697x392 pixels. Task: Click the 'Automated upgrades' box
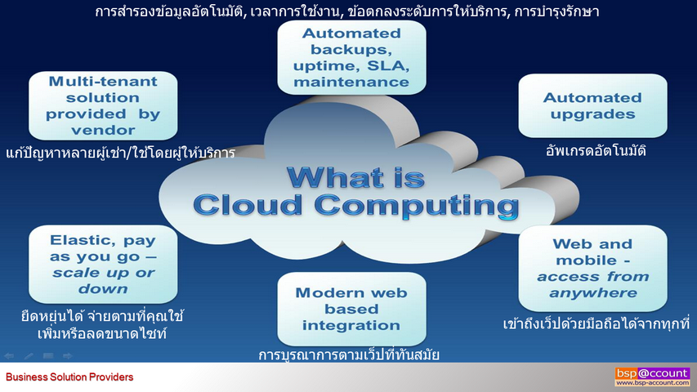click(x=592, y=106)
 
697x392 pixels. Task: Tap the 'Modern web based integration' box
click(x=351, y=309)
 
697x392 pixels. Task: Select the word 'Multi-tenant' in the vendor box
click(x=103, y=82)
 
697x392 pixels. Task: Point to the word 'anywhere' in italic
click(x=593, y=293)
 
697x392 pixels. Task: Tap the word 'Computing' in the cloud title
click(x=417, y=205)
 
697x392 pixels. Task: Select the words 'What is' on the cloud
click(x=356, y=177)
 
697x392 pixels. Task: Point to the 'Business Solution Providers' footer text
click(x=69, y=377)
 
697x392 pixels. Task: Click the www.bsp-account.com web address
click(x=652, y=383)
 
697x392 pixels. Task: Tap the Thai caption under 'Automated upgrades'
click(x=596, y=151)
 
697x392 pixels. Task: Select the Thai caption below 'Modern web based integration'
click(x=349, y=354)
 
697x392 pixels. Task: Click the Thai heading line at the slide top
click(x=347, y=11)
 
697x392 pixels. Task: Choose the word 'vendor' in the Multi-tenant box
click(x=103, y=130)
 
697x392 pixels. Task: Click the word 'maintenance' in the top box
click(x=351, y=82)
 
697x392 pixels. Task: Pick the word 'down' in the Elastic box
click(x=103, y=289)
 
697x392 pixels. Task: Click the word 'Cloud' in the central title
click(x=248, y=205)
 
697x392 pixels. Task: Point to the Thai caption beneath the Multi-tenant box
click(x=120, y=153)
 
